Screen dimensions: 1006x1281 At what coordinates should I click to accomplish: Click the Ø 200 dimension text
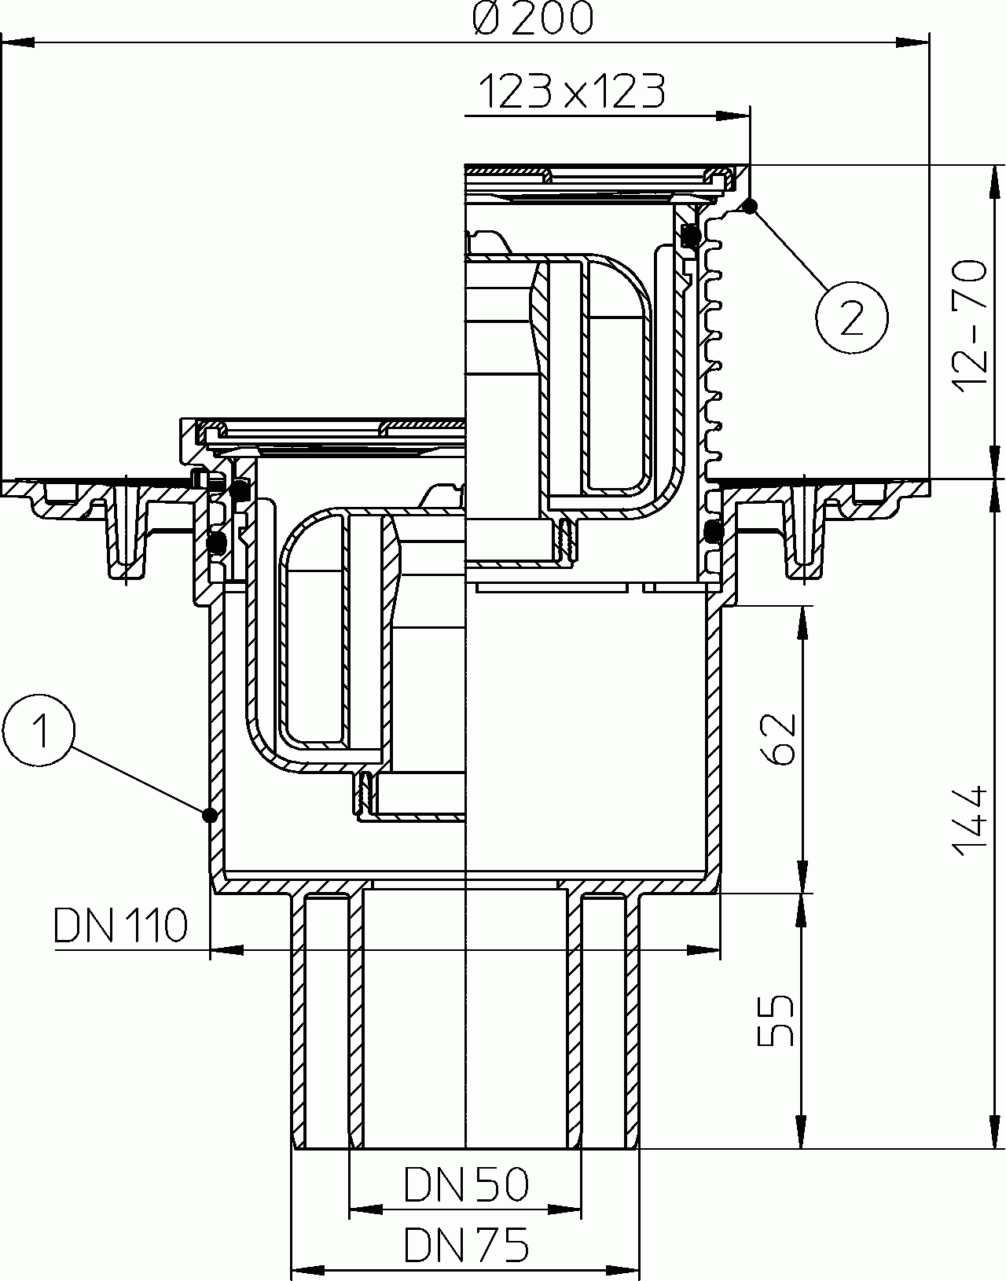[533, 18]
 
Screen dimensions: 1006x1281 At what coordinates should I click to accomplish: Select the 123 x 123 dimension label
[571, 91]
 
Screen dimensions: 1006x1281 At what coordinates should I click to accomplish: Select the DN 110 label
[121, 925]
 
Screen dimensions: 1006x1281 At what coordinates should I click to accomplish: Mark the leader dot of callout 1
[208, 816]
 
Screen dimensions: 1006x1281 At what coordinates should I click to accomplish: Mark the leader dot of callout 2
[751, 207]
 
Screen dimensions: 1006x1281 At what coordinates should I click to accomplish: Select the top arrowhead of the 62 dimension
[803, 622]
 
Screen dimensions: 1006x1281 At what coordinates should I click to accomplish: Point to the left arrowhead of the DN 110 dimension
[227, 950]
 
